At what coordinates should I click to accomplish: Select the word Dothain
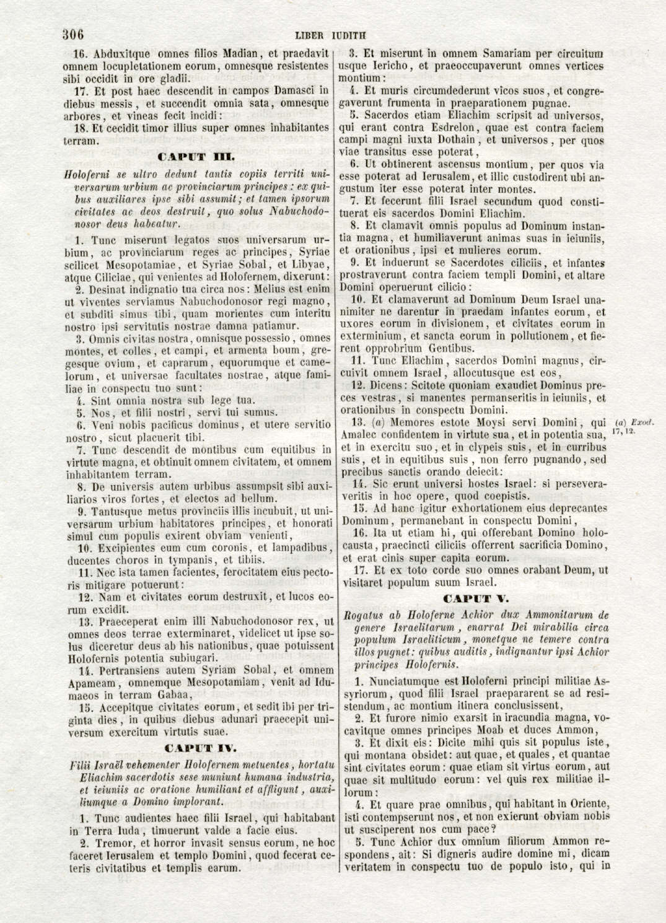click(456, 139)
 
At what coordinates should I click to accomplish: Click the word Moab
click(510, 730)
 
